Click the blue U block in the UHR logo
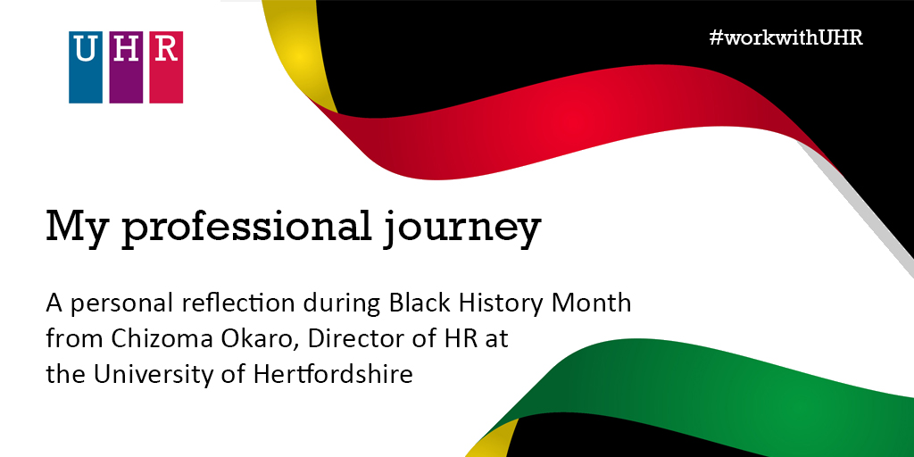tap(86, 67)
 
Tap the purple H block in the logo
tap(126, 67)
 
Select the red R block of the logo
tap(166, 67)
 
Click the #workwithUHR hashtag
tap(786, 37)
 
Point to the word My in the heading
tap(78, 228)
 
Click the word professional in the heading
tap(245, 228)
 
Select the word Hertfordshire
tap(333, 374)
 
